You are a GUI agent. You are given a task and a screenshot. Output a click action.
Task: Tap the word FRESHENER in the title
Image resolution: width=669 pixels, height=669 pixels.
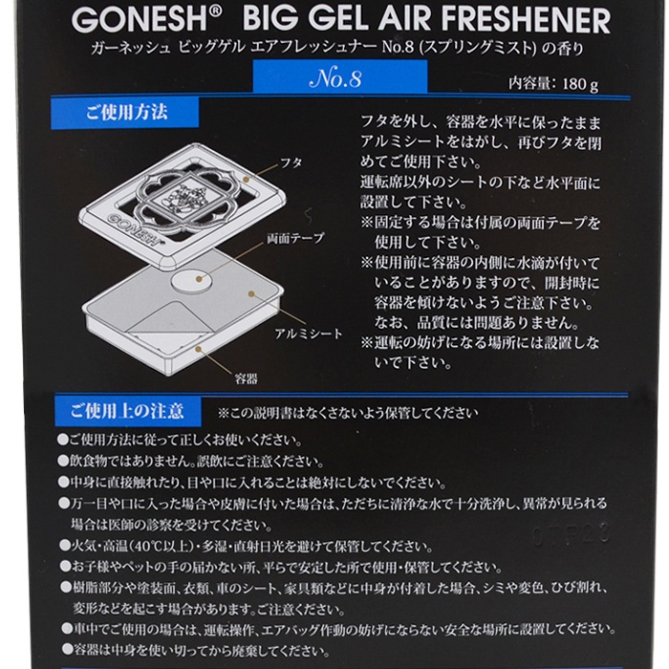(524, 21)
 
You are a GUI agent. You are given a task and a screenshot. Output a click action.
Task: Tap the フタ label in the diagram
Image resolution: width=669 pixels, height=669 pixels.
(291, 162)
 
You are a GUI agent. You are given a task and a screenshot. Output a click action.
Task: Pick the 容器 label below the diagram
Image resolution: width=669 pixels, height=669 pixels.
(246, 378)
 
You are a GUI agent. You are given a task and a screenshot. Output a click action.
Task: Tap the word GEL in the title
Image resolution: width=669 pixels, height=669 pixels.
(318, 21)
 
